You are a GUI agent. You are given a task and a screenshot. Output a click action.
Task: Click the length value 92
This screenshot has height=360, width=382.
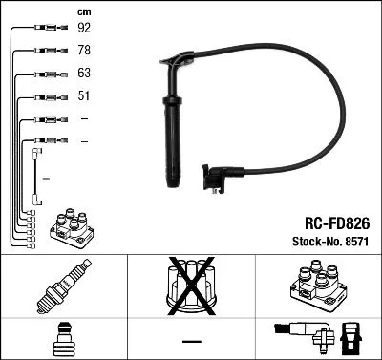pos(83,28)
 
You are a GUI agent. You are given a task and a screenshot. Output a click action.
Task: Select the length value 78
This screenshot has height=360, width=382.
pos(83,50)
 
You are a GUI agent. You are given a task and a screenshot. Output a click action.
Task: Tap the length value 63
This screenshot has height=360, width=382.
pos(83,73)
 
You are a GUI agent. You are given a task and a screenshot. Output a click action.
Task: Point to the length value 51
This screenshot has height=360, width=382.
pos(83,95)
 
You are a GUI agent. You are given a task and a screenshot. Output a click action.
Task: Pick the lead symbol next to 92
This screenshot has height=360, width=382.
pos(46,29)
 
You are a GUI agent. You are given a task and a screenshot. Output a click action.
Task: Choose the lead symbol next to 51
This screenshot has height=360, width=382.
pos(46,96)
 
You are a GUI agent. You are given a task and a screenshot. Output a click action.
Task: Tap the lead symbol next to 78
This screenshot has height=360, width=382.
pos(46,51)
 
